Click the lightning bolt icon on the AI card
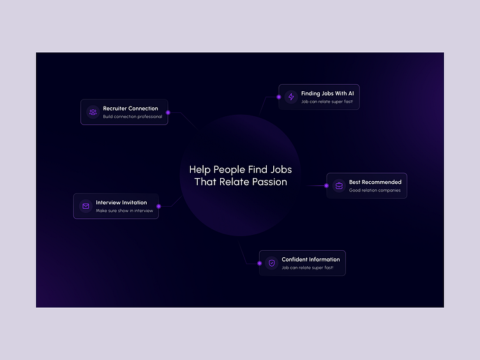[x=291, y=97]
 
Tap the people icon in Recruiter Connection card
[x=93, y=112]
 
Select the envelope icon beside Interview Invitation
[x=86, y=206]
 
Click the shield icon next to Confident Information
[x=271, y=263]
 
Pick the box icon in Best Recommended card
[x=339, y=186]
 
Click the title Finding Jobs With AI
[x=327, y=93]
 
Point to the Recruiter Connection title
[x=130, y=109]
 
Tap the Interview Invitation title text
[x=121, y=202]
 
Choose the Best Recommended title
[x=375, y=182]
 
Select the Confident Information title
[x=311, y=259]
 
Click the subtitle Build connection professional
[x=133, y=117]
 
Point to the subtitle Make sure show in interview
[x=124, y=211]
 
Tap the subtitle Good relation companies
[x=375, y=190]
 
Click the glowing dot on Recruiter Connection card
[x=168, y=112]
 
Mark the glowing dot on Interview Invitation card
[x=159, y=206]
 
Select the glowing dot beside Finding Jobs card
[x=279, y=97]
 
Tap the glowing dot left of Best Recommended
[x=327, y=186]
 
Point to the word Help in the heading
[x=200, y=169]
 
